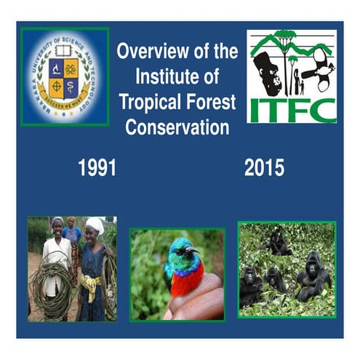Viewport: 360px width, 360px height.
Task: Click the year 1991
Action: [97, 168]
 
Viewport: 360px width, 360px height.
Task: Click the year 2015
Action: [264, 168]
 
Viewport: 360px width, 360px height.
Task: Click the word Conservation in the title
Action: [177, 128]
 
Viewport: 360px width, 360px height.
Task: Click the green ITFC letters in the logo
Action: [292, 108]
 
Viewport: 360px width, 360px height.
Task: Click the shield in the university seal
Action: [64, 76]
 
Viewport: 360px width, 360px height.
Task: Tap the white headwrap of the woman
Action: [95, 225]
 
